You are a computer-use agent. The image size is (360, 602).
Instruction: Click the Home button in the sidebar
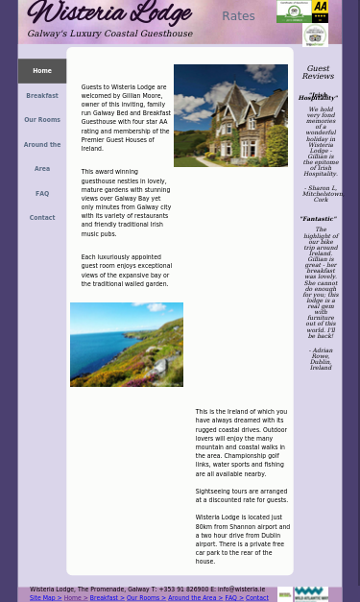point(41,70)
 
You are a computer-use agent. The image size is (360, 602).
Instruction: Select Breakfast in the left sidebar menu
point(41,95)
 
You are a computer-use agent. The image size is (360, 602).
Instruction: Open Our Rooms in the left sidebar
point(41,120)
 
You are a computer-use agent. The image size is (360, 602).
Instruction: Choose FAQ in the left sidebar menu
point(41,193)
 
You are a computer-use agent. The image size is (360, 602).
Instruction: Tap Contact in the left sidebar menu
point(41,218)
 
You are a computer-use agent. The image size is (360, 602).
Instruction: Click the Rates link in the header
point(238,16)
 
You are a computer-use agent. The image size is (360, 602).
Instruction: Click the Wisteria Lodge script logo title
point(108,14)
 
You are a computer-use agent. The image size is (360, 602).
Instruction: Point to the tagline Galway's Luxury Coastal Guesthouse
point(109,34)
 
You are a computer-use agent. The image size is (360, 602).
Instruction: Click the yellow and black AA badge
point(320,12)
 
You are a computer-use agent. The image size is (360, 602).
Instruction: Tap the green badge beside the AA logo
point(293,12)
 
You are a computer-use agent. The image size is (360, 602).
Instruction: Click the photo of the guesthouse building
point(230,115)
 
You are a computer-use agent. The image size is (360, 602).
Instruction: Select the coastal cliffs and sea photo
point(127,344)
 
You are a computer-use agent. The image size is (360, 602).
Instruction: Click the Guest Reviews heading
point(318,72)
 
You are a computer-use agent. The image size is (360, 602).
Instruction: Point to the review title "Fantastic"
point(318,219)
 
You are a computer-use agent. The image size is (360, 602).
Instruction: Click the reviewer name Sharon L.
point(322,188)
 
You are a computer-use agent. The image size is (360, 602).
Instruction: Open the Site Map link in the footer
point(42,597)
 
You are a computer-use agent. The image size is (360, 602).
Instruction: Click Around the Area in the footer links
point(192,597)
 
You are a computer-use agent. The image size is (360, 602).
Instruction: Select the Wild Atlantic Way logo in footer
point(310,594)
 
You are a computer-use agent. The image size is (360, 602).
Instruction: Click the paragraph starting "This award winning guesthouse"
point(126,202)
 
